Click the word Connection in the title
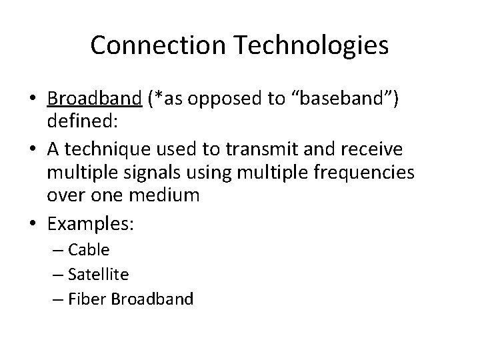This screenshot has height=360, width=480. coord(161,46)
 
